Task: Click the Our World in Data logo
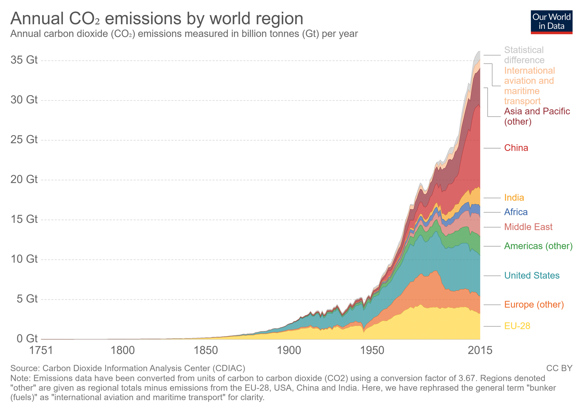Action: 552,22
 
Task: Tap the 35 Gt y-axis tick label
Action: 24,60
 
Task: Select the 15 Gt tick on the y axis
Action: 24,219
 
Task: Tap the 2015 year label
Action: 480,350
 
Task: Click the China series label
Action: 516,148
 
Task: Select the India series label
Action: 514,198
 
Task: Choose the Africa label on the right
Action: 516,212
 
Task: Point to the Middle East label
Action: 528,227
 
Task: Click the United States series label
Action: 532,275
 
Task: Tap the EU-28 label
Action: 517,326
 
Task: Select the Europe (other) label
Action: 534,305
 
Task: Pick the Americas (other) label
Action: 538,246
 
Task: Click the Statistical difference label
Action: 524,55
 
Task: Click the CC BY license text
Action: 559,368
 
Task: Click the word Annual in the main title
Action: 37,19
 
